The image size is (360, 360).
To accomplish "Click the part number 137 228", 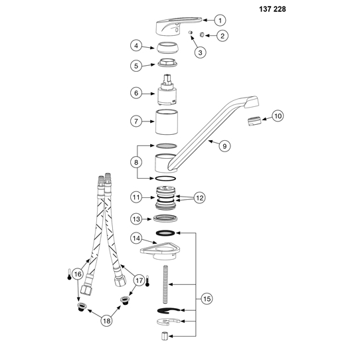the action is tap(272, 9).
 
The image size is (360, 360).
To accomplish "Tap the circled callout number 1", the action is tap(220, 21).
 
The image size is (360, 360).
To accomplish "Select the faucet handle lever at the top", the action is tap(179, 26).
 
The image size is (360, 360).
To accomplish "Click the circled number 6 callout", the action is tap(136, 93).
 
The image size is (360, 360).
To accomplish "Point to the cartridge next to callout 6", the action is tap(167, 90).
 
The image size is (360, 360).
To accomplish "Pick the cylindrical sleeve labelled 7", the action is tap(167, 122).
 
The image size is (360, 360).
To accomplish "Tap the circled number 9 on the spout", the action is tap(225, 146).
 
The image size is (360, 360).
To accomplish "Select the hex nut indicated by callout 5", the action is tap(168, 62).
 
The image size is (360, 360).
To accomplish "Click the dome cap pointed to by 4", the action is tap(168, 48).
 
